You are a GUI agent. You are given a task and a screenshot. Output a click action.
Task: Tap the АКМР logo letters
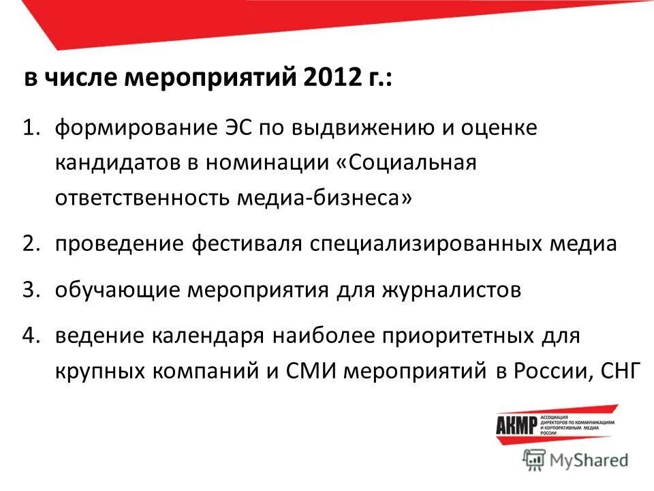coord(516,424)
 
